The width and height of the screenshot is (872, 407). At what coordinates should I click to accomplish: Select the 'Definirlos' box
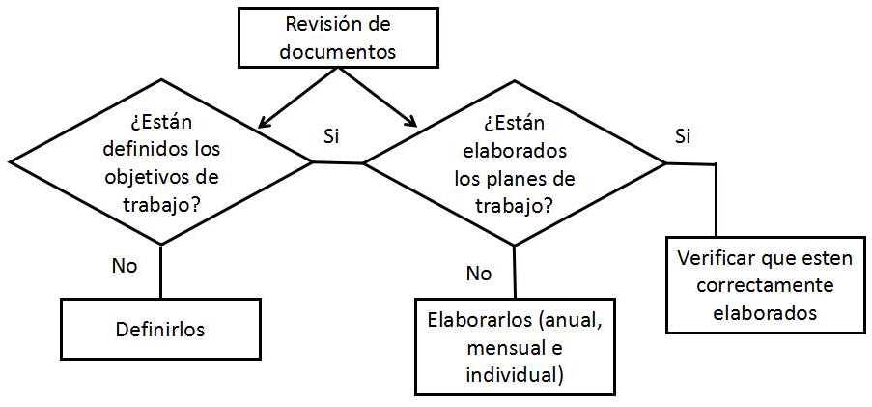(161, 329)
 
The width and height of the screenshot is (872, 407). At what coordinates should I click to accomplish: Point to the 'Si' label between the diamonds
(331, 136)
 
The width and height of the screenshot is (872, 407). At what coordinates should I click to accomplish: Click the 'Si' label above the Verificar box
(682, 135)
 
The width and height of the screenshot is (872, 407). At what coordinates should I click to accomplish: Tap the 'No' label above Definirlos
(124, 265)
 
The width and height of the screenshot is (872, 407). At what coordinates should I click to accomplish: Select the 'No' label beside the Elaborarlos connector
(479, 273)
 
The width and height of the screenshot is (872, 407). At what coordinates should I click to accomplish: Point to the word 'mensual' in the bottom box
(500, 348)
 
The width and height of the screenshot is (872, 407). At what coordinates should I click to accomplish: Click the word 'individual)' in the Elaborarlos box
(514, 374)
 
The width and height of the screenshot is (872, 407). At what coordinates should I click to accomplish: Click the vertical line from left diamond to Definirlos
(160, 271)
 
